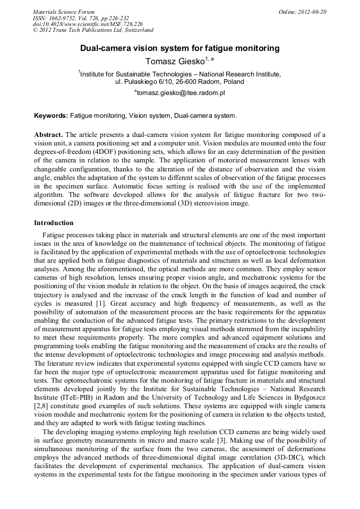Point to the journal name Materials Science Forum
[x=64, y=12]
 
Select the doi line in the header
[x=80, y=24]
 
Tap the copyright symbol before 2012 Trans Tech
[x=35, y=31]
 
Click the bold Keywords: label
[x=51, y=115]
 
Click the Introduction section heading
[x=54, y=222]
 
